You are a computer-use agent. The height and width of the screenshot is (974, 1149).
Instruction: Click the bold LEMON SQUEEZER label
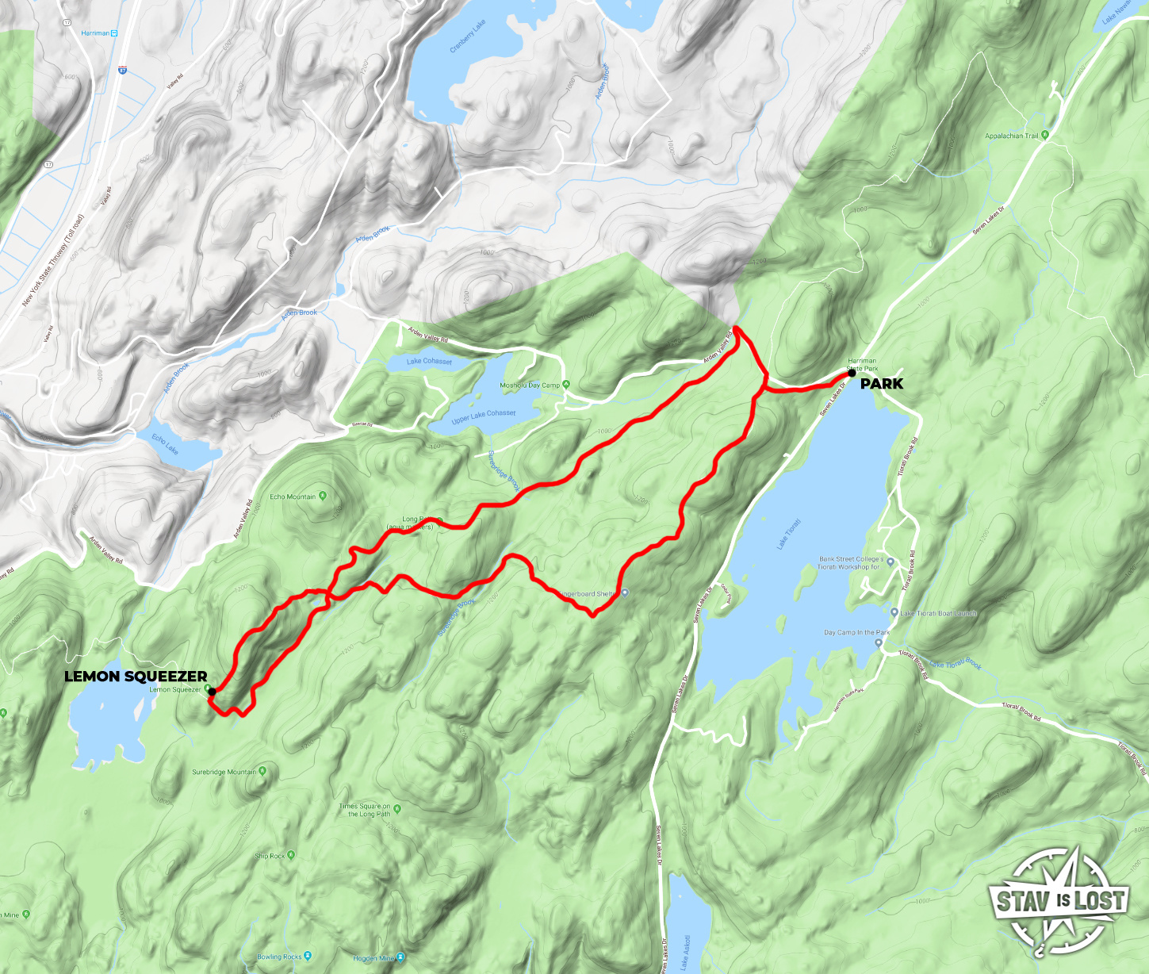(136, 677)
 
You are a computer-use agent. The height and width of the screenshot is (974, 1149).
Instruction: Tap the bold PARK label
(881, 384)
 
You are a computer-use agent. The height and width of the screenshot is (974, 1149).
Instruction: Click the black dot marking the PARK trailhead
(852, 372)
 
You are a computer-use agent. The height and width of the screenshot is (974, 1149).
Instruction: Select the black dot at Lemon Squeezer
(212, 692)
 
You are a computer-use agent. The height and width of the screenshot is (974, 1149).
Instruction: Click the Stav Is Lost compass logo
(1059, 901)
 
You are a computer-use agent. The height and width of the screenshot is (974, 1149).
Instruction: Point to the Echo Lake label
(166, 444)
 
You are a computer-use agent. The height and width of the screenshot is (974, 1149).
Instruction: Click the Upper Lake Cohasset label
(484, 416)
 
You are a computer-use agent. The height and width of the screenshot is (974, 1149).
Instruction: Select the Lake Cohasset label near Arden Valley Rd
(429, 362)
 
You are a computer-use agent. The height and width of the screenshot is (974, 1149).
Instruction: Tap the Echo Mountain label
(293, 497)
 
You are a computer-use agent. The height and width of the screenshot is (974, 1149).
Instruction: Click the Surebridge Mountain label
(224, 772)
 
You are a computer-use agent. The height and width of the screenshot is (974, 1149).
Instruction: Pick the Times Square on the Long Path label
(365, 810)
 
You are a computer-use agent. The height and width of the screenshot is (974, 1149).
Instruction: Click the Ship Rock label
(270, 856)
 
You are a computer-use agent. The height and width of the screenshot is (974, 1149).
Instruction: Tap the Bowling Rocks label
(279, 957)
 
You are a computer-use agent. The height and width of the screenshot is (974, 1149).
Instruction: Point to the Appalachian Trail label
(1011, 136)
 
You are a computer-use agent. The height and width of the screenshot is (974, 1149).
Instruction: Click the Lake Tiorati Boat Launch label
(938, 613)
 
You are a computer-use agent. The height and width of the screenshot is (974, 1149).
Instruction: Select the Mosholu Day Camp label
(530, 385)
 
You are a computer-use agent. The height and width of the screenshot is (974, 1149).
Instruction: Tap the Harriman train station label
(95, 33)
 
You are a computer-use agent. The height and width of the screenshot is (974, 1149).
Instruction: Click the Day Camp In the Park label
(856, 633)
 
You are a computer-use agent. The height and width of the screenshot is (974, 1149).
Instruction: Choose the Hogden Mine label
(373, 959)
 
